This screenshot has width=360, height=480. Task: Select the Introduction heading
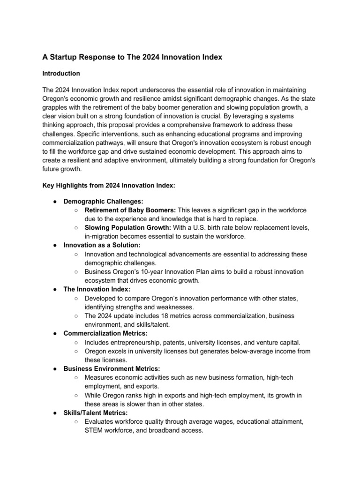[61, 74]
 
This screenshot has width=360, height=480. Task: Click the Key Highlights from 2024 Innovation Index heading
[109, 186]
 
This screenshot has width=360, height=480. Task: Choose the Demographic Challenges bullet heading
[103, 201]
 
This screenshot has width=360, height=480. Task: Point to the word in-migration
[101, 236]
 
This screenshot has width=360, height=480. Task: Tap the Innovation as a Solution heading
[102, 245]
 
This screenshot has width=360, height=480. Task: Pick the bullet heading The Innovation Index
[97, 289]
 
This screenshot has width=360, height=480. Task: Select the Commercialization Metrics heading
[105, 333]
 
